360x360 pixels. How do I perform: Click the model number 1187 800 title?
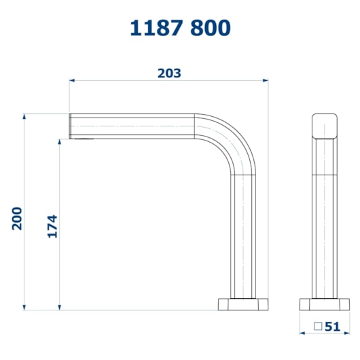pos(180,28)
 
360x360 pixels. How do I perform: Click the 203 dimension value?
pos(169,73)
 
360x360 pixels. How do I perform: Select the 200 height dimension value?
pos(17,219)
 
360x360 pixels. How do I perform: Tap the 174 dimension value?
pos(52,226)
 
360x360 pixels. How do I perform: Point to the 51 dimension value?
pos(332,327)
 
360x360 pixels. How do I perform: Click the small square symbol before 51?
pos(318,326)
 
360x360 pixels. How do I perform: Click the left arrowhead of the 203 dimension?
pos(72,80)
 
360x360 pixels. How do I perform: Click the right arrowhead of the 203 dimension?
pos(266,80)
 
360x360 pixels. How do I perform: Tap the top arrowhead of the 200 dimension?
pos(24,116)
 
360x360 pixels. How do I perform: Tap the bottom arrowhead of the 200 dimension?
pos(24,307)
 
